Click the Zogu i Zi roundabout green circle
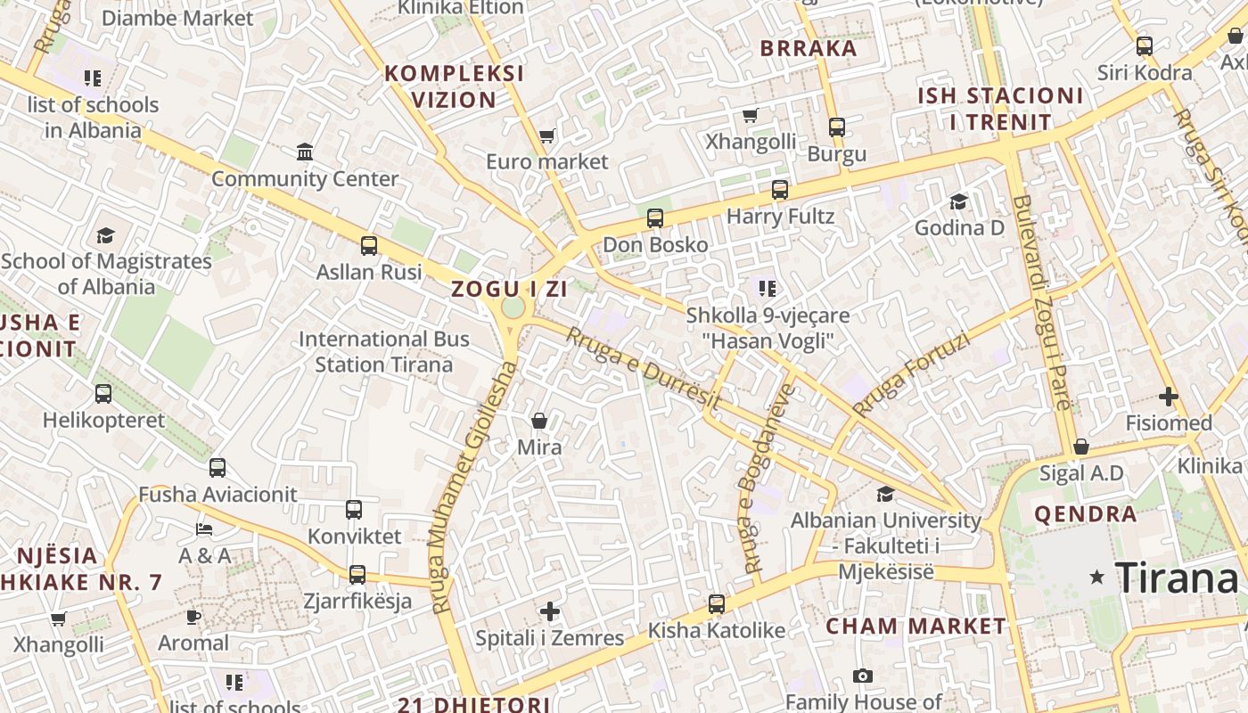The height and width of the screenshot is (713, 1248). click(x=513, y=307)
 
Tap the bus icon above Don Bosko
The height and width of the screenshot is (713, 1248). click(x=655, y=218)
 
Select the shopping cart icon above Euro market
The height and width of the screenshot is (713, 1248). click(x=546, y=136)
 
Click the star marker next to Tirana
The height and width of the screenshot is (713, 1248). click(x=1097, y=578)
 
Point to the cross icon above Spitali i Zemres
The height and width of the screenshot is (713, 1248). click(x=550, y=611)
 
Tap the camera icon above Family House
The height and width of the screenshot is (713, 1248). click(x=862, y=676)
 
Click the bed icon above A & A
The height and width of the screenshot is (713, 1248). click(x=204, y=529)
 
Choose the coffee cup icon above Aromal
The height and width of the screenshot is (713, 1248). click(x=193, y=617)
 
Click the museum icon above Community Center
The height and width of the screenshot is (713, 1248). click(x=305, y=152)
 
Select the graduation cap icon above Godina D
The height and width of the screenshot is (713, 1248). click(x=959, y=201)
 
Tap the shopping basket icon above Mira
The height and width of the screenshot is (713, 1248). click(x=539, y=421)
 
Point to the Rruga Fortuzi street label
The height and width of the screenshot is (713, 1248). click(x=910, y=374)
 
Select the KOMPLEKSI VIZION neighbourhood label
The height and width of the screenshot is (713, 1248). click(x=455, y=86)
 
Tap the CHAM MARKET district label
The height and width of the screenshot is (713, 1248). click(x=915, y=626)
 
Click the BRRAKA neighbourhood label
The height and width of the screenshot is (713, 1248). click(x=809, y=48)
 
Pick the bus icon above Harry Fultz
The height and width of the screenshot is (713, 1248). click(x=780, y=190)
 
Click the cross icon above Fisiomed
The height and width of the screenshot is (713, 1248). click(x=1169, y=397)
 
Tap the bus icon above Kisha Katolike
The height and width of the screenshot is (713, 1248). click(x=717, y=604)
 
